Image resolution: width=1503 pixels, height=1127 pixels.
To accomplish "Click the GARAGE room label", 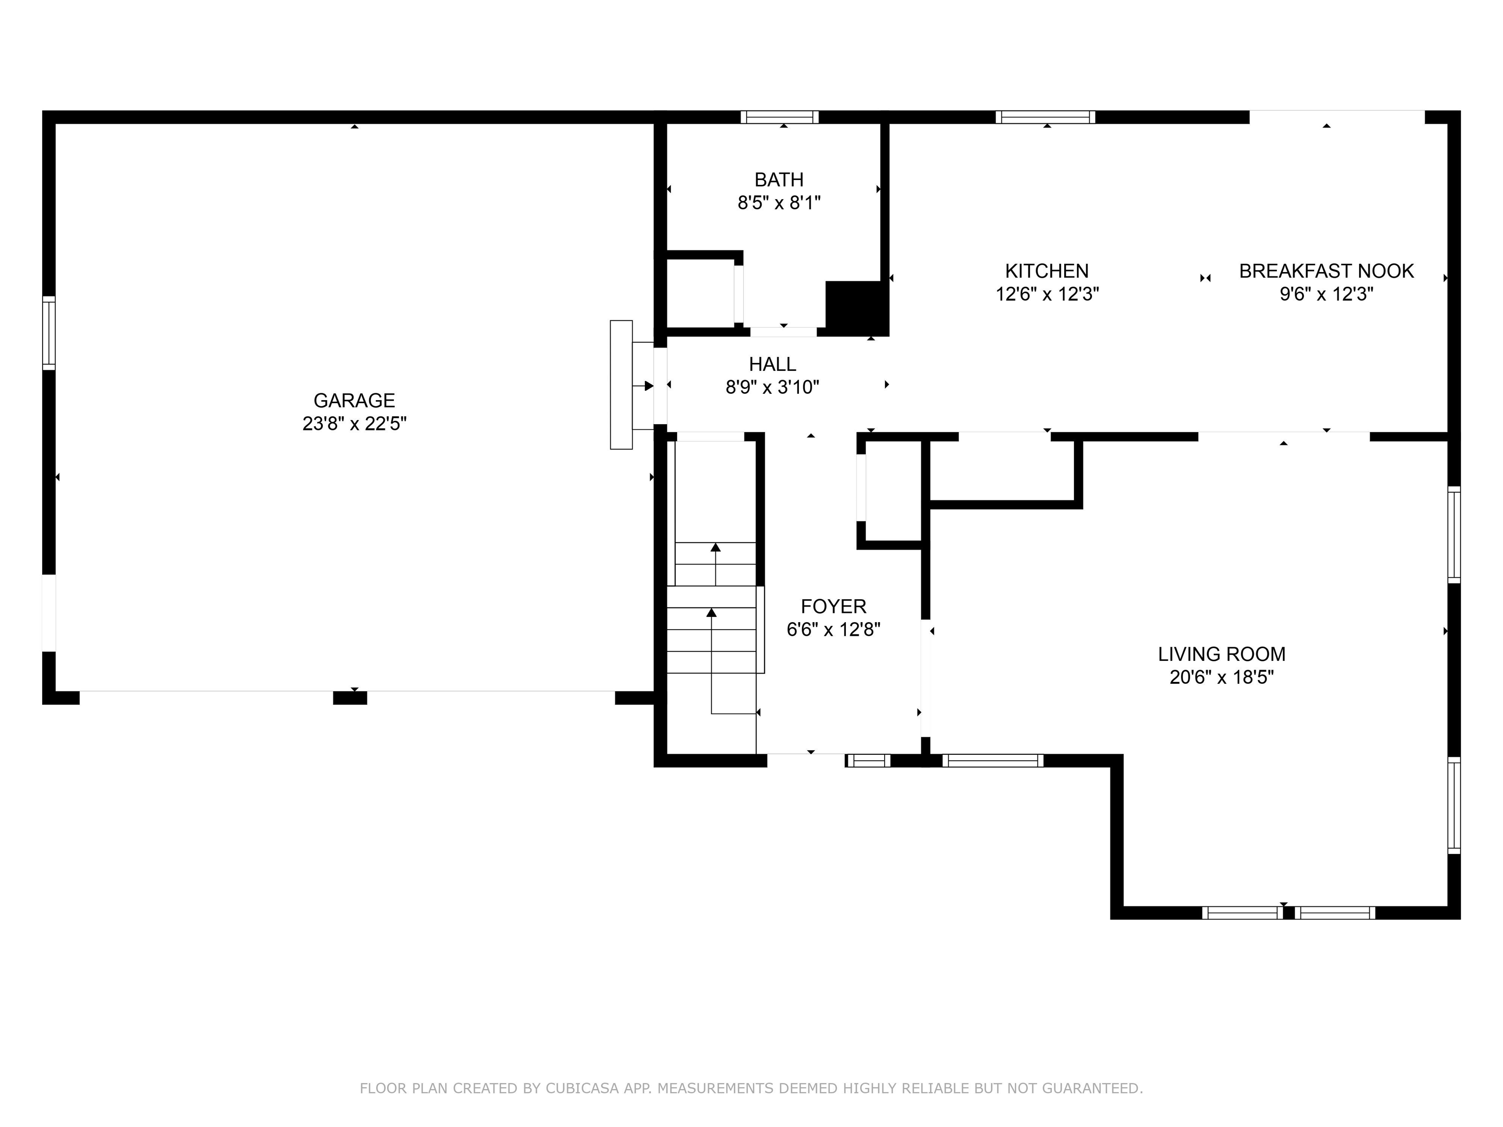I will (x=354, y=400).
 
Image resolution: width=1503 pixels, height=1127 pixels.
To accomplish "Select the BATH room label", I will (x=779, y=180).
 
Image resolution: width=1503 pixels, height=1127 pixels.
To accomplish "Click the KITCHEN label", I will (x=1047, y=271).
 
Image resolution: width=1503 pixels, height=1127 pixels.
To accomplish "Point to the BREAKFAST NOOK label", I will (x=1326, y=271).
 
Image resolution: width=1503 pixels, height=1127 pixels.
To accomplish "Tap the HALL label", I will (x=773, y=364).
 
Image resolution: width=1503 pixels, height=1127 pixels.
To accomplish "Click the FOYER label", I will (x=833, y=606).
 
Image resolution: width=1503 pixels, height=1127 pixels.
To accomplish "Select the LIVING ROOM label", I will (x=1221, y=654).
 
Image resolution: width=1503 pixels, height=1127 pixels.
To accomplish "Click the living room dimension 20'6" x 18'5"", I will (x=1221, y=677).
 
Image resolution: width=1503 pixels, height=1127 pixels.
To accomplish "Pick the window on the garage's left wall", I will (x=49, y=333).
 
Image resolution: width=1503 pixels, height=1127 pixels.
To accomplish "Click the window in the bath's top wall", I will (x=779, y=117).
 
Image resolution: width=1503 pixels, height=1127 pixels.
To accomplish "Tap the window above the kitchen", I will (x=1045, y=117).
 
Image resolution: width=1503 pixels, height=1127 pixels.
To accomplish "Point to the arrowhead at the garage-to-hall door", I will (x=649, y=386).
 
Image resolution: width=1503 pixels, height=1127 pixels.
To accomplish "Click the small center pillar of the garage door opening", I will (x=350, y=698).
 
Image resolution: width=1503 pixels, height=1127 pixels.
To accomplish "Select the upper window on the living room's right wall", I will (x=1454, y=534).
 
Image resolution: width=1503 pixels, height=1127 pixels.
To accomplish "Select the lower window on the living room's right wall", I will (x=1454, y=805).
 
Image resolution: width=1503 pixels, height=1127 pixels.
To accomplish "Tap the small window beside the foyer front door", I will (x=867, y=761).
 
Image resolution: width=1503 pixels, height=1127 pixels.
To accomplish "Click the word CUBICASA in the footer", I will (x=582, y=1088).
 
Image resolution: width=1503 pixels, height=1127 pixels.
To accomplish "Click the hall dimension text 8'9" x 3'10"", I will (x=773, y=387).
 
